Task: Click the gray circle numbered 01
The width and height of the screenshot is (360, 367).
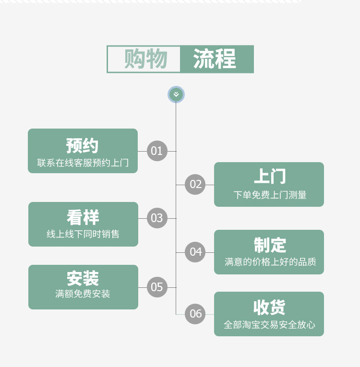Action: click(x=157, y=151)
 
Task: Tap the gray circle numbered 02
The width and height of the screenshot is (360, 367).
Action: click(x=196, y=185)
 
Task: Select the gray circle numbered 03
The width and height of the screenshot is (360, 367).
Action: click(x=157, y=218)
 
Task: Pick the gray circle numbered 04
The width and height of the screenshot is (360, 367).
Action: click(x=196, y=252)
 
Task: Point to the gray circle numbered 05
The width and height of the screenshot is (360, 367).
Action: click(x=157, y=287)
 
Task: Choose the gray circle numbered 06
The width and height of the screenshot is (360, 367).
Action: click(x=196, y=314)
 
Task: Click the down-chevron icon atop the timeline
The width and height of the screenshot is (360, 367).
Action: click(x=176, y=95)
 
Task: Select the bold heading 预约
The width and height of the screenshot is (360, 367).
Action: click(x=83, y=145)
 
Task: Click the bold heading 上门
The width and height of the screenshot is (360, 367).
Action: click(x=269, y=177)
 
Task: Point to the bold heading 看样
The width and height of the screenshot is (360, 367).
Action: click(x=83, y=218)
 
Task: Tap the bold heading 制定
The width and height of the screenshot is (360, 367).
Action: click(x=270, y=245)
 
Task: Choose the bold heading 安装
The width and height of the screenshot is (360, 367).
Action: click(x=83, y=279)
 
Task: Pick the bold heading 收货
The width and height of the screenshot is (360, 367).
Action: click(x=269, y=307)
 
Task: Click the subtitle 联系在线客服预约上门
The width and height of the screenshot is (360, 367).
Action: click(x=83, y=163)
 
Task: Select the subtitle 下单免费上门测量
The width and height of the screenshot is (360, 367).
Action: click(x=270, y=195)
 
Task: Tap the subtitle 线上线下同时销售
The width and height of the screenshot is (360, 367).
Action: click(x=83, y=234)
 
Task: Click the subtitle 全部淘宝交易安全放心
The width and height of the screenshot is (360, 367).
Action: click(x=269, y=325)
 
